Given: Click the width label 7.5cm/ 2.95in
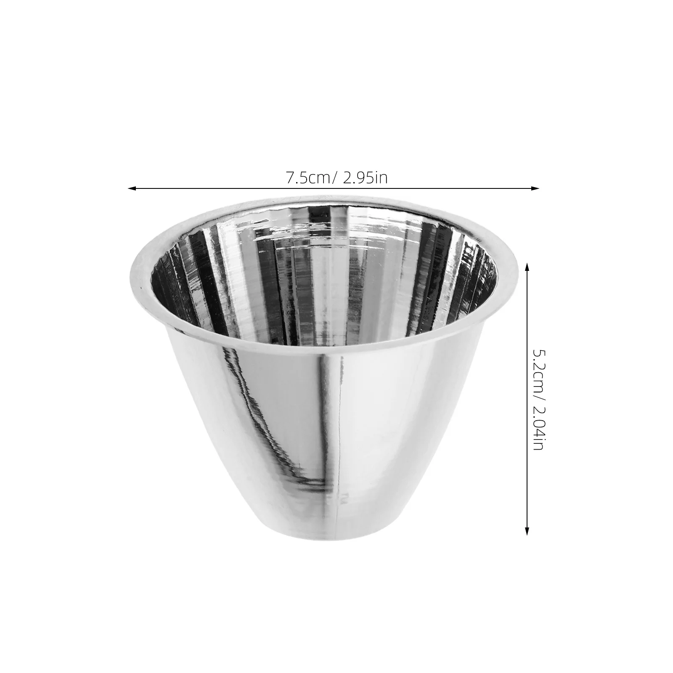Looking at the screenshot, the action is point(336,178).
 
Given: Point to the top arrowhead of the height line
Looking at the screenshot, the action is point(527,265).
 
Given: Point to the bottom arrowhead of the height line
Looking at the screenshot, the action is point(527,531).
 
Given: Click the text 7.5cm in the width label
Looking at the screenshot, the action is point(310,178).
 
